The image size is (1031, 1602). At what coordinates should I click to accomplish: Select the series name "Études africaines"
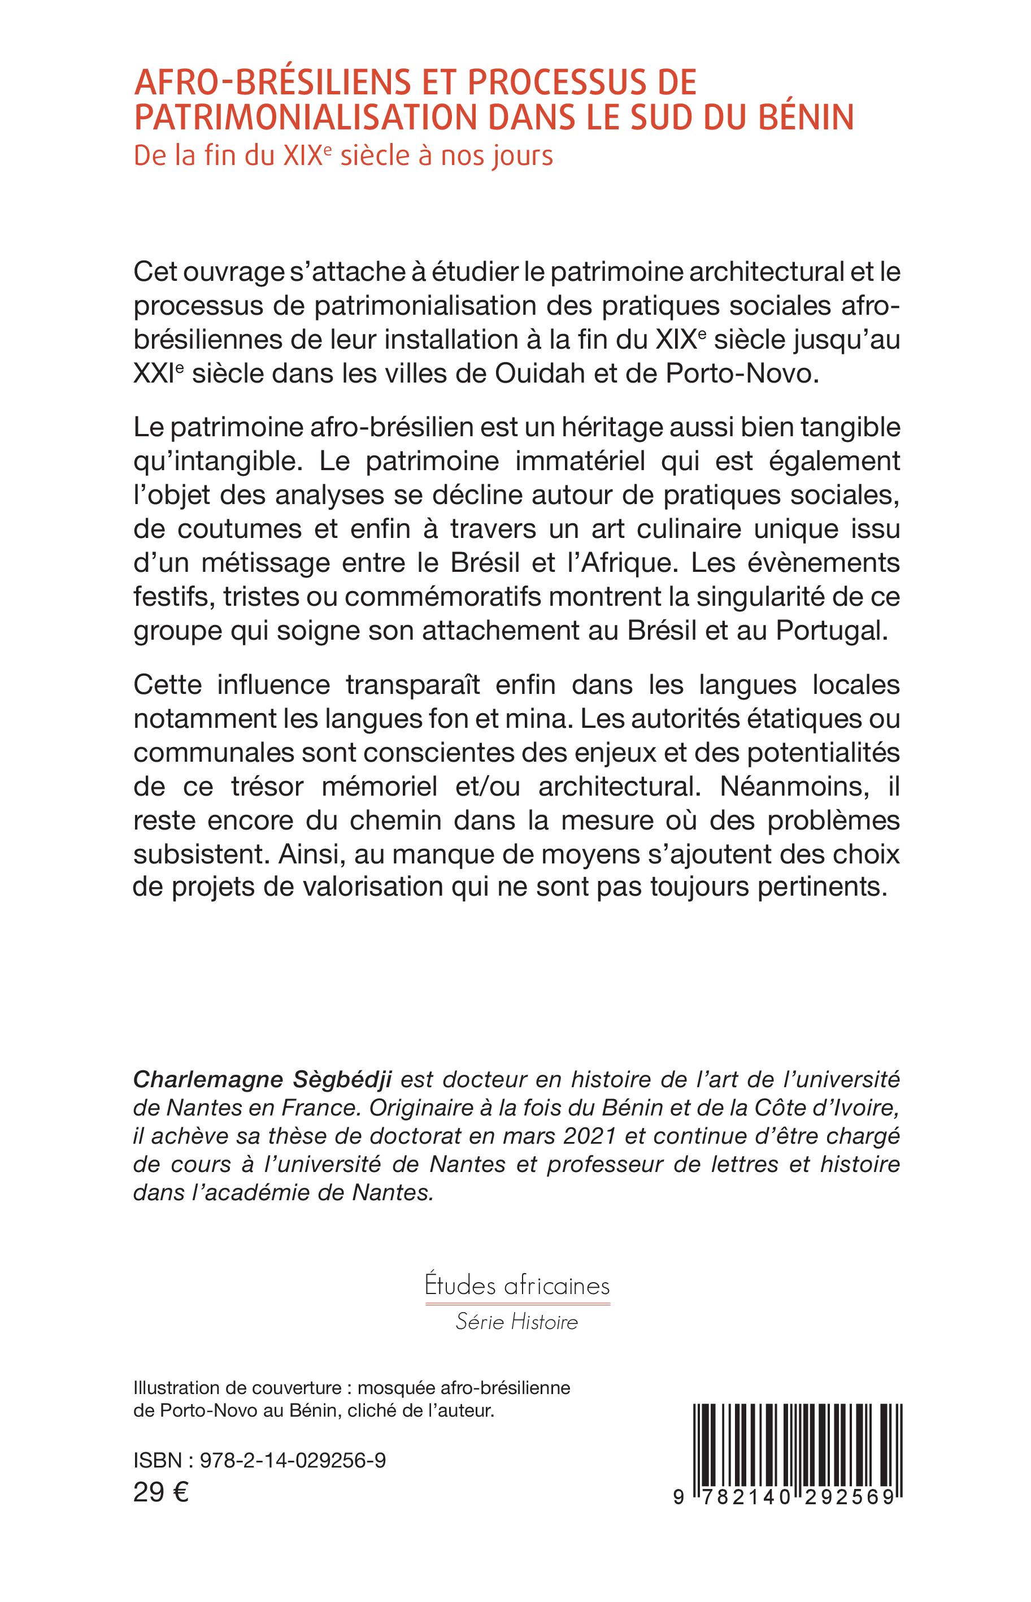[x=517, y=1286]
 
